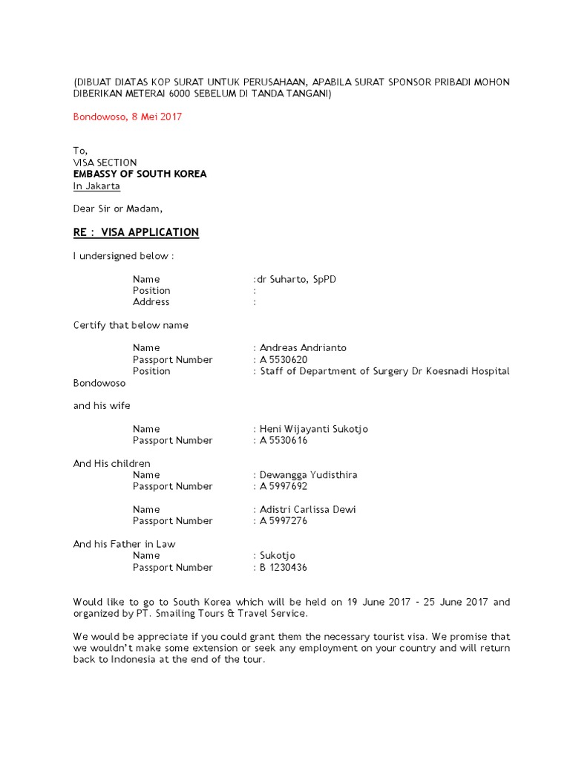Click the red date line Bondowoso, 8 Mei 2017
coord(127,117)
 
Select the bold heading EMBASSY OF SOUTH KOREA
coord(140,174)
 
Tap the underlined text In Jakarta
coord(96,186)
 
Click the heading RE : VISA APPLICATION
coord(136,232)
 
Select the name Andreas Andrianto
coord(303,347)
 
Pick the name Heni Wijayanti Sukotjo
coord(313,429)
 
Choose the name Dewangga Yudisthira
coord(308,475)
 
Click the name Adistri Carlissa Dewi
coord(308,509)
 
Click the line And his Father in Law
coord(124,544)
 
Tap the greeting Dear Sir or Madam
coord(117,209)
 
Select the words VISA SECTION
coord(105,163)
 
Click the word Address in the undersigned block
coord(151,302)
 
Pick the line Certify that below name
coord(131,325)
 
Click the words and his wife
coord(102,405)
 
